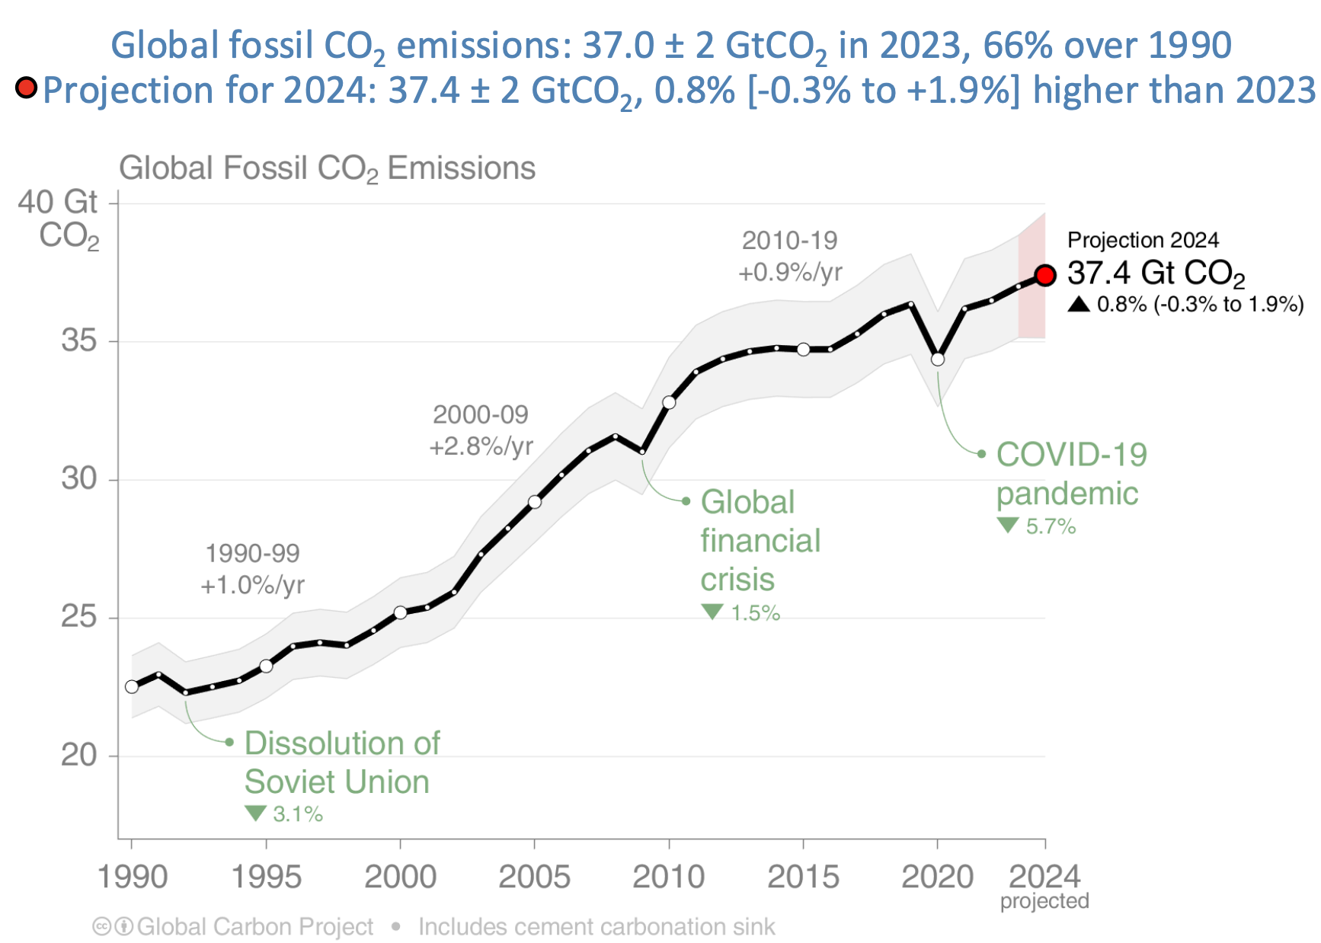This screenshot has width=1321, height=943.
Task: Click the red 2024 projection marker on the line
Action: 1045,275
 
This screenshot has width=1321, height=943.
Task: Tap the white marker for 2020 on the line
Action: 938,359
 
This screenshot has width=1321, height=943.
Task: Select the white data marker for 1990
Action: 132,686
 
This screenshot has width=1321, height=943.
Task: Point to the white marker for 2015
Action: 803,349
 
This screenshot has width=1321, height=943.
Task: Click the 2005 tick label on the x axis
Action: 534,877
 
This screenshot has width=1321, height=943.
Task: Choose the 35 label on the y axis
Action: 79,340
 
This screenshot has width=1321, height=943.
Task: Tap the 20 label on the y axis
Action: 79,755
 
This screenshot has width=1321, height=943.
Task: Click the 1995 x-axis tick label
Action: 266,877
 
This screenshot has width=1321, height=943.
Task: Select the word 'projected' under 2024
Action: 1044,901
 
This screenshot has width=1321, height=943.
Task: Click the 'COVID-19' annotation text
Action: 1071,455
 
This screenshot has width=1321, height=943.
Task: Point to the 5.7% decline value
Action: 1051,526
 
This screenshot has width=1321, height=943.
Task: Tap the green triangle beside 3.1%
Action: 255,814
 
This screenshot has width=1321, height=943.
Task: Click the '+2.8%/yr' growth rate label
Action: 481,446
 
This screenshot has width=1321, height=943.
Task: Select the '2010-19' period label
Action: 789,241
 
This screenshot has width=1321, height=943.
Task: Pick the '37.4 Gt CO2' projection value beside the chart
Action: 1155,273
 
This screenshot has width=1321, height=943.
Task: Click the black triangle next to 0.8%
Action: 1078,305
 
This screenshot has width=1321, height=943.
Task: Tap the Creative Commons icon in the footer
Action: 102,927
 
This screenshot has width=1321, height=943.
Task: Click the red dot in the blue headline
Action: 27,88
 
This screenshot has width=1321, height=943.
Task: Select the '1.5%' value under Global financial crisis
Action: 756,613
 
